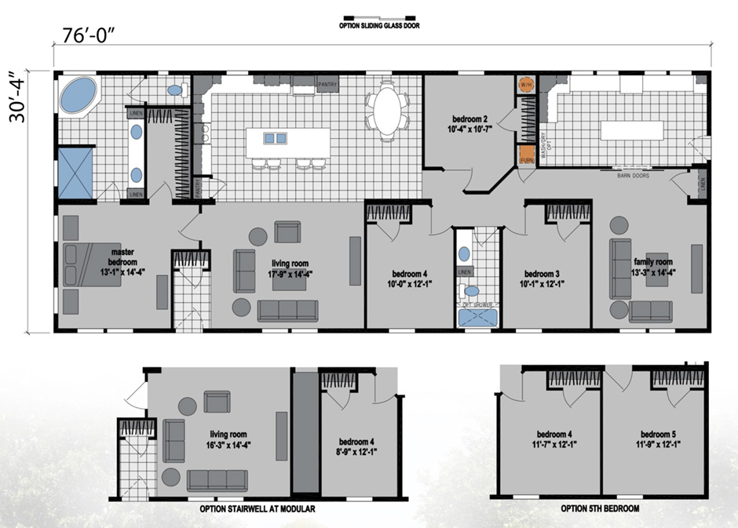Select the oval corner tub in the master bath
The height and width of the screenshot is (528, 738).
(x=77, y=96)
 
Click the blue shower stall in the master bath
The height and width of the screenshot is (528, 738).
(x=75, y=171)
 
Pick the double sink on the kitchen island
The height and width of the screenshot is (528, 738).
(x=275, y=139)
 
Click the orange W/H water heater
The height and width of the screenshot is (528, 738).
(x=526, y=84)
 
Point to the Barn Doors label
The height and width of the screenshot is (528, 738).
(x=634, y=177)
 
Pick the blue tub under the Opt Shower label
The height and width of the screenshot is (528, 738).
(x=477, y=317)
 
